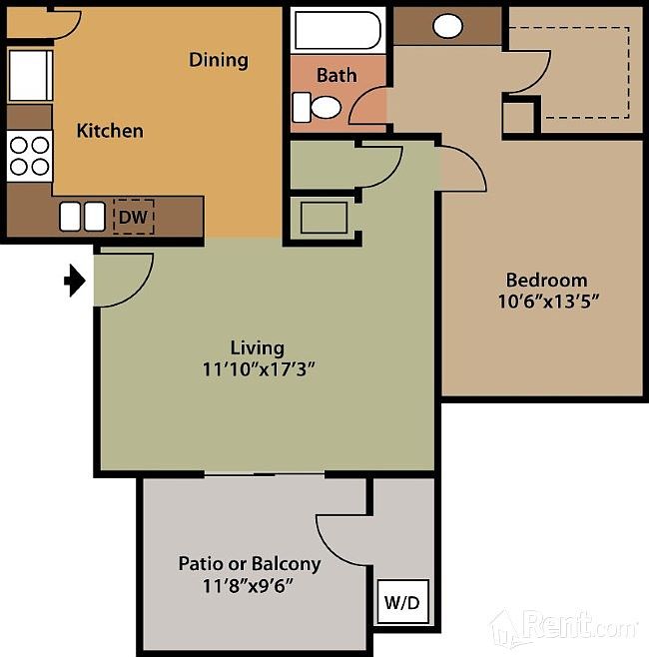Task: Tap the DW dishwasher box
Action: click(133, 215)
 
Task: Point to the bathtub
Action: click(337, 31)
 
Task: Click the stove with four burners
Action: click(30, 156)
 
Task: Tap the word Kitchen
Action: click(110, 131)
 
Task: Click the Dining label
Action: click(218, 60)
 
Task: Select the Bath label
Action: click(336, 75)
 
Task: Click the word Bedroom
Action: click(546, 280)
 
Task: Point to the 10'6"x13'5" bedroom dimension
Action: click(553, 301)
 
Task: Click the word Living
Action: click(258, 347)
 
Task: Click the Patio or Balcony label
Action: click(250, 563)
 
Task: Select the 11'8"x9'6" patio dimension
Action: click(249, 585)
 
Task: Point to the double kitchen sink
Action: click(82, 216)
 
